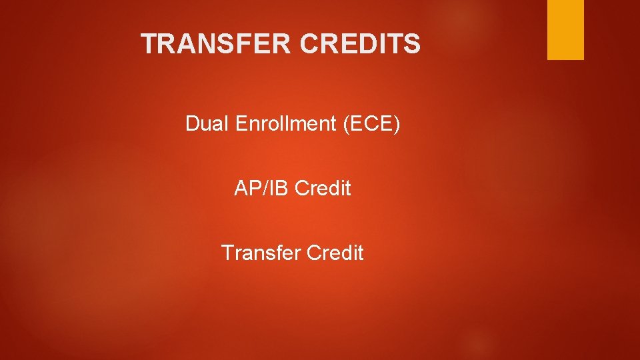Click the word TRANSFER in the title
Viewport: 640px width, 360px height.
217,44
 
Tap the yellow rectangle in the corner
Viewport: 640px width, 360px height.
565,29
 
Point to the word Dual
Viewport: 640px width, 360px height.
207,123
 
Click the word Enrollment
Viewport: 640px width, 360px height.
286,123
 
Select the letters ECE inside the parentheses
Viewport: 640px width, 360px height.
372,123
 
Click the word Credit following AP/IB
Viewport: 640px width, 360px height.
323,189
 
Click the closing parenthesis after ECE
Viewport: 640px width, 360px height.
397,124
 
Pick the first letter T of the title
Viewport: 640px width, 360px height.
149,44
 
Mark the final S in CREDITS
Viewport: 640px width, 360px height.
413,44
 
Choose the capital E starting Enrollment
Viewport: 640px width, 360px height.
241,123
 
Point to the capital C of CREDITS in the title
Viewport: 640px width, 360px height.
310,44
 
